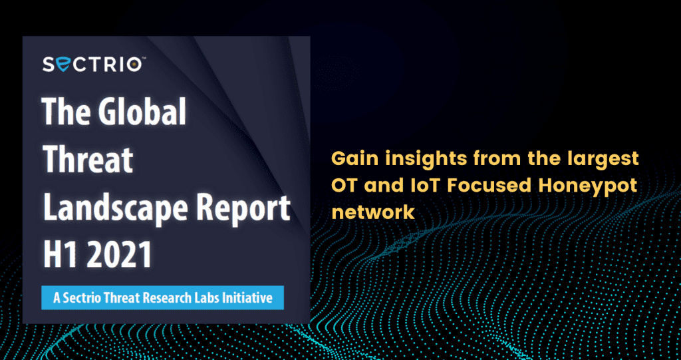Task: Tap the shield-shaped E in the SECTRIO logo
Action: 63,65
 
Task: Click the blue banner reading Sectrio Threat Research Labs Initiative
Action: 162,298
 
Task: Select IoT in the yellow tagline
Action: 421,186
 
